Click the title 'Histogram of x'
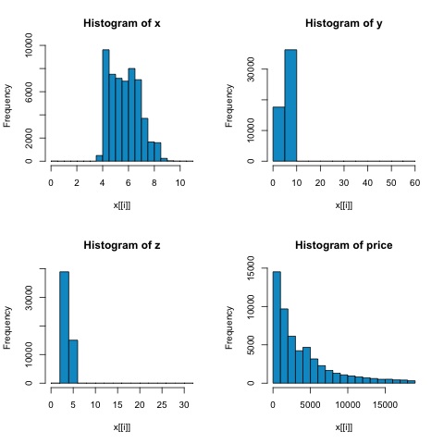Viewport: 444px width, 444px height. tap(121, 21)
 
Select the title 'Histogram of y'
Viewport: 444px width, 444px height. tap(343, 21)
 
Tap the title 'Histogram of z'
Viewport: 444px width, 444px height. tap(121, 243)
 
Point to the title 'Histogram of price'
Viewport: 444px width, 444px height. tap(343, 243)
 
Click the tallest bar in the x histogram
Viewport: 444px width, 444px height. tap(105, 105)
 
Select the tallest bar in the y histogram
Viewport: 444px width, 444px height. tap(290, 105)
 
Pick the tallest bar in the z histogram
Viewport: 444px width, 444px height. tap(64, 327)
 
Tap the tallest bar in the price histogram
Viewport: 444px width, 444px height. tap(277, 327)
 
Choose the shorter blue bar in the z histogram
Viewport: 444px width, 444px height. tap(73, 362)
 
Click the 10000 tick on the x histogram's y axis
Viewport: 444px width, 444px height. tap(30, 44)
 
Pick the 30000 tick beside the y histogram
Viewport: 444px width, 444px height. tap(252, 69)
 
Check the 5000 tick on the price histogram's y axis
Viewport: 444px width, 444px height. tap(252, 345)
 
